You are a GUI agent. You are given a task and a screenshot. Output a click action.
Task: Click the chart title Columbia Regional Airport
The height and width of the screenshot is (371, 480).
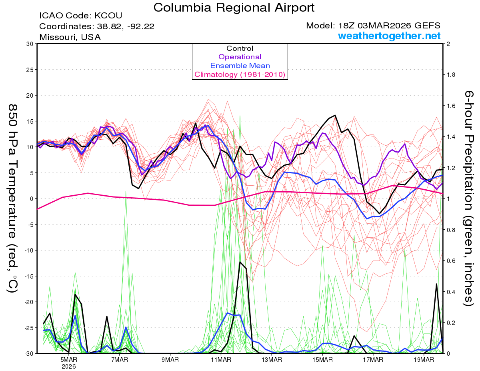pos(234,7)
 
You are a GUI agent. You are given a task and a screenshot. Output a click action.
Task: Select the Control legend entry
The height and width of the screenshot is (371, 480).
pos(240,48)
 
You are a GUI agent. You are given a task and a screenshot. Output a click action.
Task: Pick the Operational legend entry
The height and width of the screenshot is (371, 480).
pos(240,57)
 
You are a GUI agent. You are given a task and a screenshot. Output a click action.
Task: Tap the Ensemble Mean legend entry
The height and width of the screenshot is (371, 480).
pos(240,66)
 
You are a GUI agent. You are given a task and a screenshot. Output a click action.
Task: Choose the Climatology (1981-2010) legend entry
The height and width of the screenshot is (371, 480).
pos(240,74)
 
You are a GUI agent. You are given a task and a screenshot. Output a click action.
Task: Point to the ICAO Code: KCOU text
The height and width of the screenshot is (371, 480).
pos(80,16)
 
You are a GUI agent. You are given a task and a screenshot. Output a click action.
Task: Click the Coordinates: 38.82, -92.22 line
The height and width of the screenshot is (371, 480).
pos(97,26)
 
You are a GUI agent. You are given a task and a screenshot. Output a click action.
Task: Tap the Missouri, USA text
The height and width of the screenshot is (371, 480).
pos(70,37)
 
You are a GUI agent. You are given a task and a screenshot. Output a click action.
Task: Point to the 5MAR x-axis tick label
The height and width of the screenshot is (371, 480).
pos(69,360)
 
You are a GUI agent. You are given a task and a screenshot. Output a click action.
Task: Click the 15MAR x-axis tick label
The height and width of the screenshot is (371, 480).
pos(322,360)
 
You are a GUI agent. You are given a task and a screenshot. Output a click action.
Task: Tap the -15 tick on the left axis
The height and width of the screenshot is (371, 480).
pos(29,276)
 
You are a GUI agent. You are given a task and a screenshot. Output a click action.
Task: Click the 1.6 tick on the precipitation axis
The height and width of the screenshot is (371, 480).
pos(451,106)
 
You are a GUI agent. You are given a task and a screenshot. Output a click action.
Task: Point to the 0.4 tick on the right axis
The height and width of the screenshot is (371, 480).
pos(451,292)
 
